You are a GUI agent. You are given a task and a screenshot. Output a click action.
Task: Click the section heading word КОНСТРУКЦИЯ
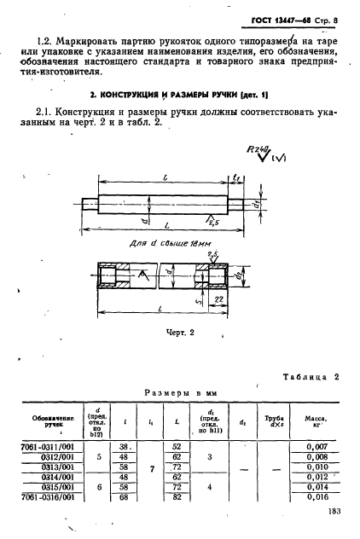coord(145,91)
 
